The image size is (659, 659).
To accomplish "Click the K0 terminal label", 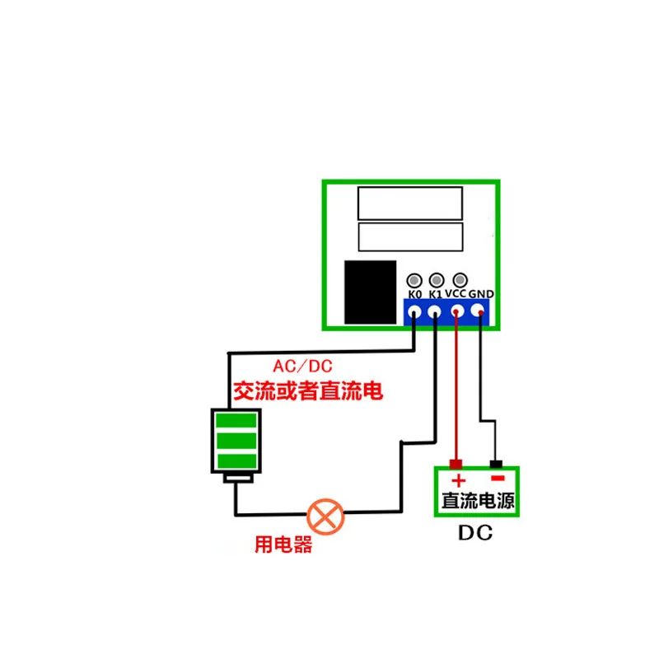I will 415,294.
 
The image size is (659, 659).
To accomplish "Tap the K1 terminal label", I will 437,294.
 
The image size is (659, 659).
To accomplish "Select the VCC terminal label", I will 456,293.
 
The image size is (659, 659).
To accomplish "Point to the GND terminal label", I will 481,294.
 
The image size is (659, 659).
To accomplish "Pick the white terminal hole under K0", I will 415,312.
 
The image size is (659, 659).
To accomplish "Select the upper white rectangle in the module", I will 409,202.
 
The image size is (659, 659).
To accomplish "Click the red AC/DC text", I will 305,366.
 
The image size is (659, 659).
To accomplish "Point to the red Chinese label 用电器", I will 283,545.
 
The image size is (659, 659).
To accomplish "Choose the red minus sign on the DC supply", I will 497,478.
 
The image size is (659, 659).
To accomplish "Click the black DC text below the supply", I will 475,534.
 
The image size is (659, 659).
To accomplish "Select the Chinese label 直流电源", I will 477,500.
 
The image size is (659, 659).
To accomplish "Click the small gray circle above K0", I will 415,280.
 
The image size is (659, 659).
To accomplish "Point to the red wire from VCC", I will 456,387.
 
